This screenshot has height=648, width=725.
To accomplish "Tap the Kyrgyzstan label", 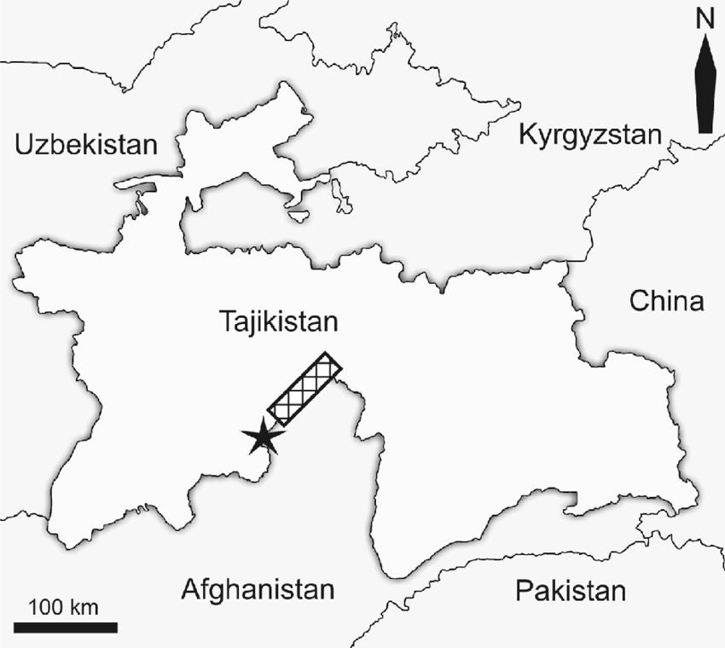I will coord(590,135).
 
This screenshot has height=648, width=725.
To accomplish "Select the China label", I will coord(667,301).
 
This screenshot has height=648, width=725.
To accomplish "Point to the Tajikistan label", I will coord(279,322).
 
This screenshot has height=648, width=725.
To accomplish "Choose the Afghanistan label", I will coord(257,589).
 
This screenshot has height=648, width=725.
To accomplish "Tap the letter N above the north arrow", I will coord(705,19).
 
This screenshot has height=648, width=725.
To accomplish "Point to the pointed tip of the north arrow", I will coord(705,43).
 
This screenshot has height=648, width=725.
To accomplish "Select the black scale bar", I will coord(66,628).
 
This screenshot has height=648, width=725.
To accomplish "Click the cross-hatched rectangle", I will coord(304,388).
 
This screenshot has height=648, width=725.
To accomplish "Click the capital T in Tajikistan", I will coord(226,322).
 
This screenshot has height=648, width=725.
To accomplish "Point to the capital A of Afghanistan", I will coord(191,589).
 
